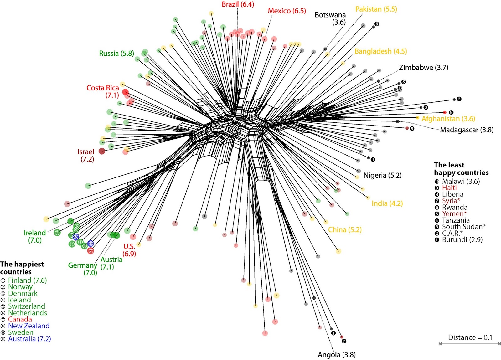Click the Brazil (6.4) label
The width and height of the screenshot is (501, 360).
(238, 4)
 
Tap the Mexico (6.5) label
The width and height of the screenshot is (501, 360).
(287, 11)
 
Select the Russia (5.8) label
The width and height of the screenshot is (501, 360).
(116, 54)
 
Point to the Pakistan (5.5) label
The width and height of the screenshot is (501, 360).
(376, 9)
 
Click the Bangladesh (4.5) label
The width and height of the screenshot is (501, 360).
(380, 51)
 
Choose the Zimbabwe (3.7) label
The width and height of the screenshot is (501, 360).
(423, 68)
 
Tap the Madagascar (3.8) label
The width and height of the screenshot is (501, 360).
(467, 130)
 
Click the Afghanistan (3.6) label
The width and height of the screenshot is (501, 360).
(448, 119)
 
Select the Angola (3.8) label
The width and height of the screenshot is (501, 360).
(337, 355)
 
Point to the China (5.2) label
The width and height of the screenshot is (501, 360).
(344, 230)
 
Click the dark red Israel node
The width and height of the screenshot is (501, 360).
(102, 151)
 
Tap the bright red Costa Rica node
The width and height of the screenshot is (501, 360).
(125, 92)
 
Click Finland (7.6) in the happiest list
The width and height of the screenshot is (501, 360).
(27, 280)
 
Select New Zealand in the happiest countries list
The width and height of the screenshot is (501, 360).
(28, 326)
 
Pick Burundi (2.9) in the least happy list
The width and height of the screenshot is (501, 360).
(462, 240)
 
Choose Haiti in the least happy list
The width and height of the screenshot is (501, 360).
(449, 188)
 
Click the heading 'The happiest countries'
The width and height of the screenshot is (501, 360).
(22, 268)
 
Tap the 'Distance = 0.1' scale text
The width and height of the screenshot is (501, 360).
(470, 337)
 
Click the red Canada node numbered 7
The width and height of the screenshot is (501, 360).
(90, 251)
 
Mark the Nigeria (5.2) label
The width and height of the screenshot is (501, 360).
(382, 175)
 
